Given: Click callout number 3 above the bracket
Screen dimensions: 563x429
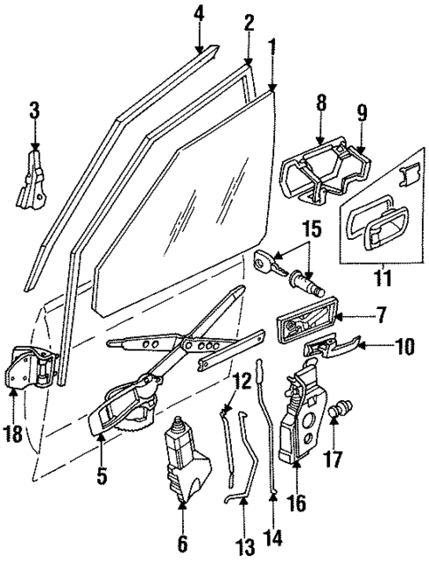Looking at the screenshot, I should [x=34, y=112].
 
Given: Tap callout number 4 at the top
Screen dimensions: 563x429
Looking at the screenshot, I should [x=199, y=14].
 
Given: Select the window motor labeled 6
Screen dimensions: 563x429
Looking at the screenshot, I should [x=188, y=463].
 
